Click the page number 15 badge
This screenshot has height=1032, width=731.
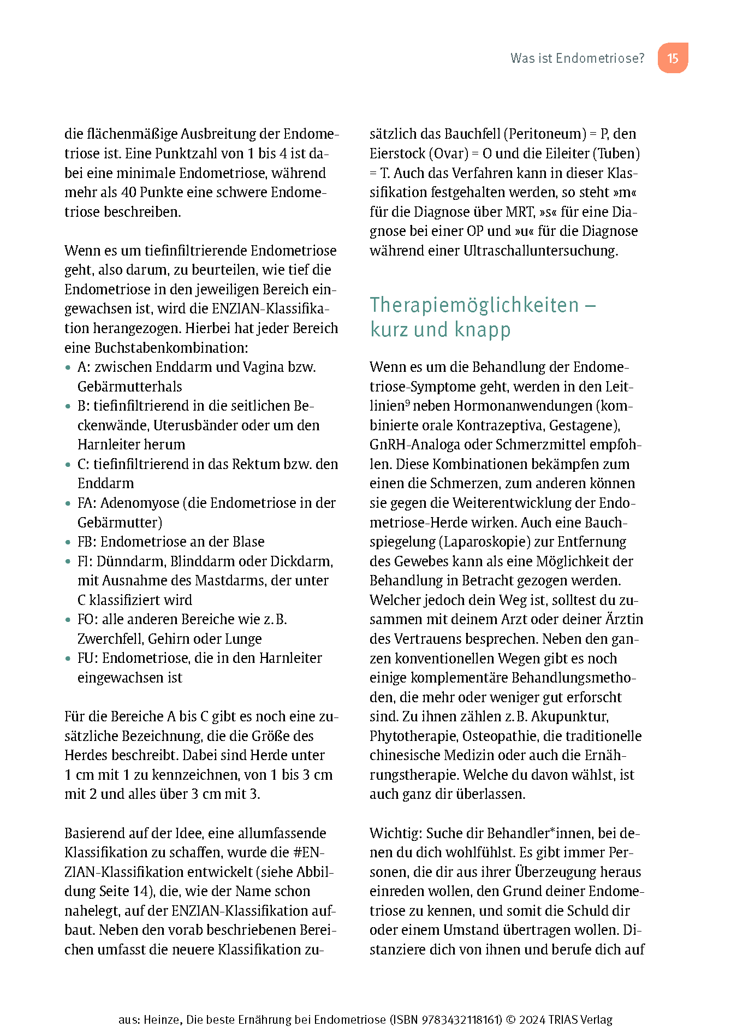point(673,58)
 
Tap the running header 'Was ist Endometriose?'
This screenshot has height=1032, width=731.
point(577,58)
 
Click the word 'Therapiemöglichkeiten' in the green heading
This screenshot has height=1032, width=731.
point(474,305)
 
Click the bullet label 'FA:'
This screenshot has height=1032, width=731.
point(87,503)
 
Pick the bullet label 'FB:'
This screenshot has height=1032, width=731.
point(87,542)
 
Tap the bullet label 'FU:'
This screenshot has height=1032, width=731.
point(88,658)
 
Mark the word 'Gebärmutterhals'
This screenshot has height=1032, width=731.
point(130,387)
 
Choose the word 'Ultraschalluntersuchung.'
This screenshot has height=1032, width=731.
point(540,251)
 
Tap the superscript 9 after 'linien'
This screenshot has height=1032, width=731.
point(407,402)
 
